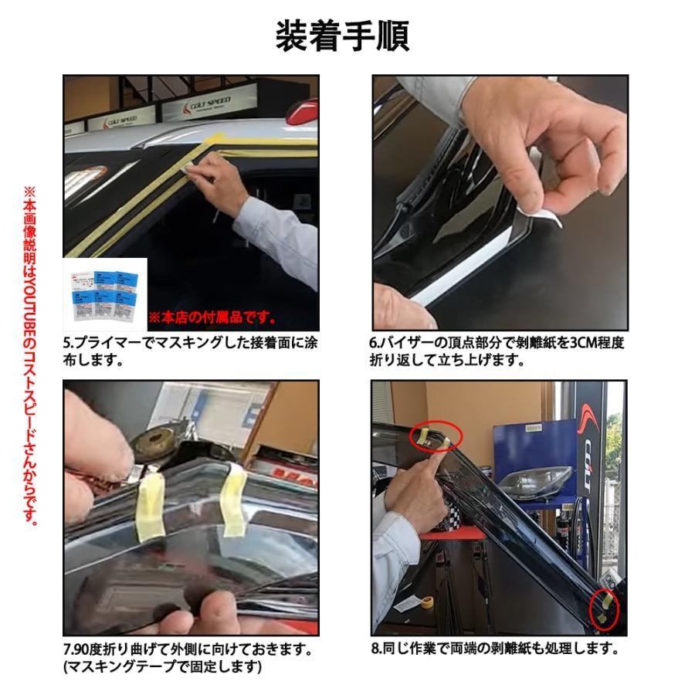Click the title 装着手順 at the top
(x=342, y=35)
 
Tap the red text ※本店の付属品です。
(x=212, y=317)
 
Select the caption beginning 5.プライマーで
(x=190, y=350)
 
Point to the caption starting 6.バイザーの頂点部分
(x=496, y=350)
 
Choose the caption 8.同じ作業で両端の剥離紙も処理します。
(x=495, y=649)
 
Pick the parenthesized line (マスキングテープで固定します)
(x=163, y=667)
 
